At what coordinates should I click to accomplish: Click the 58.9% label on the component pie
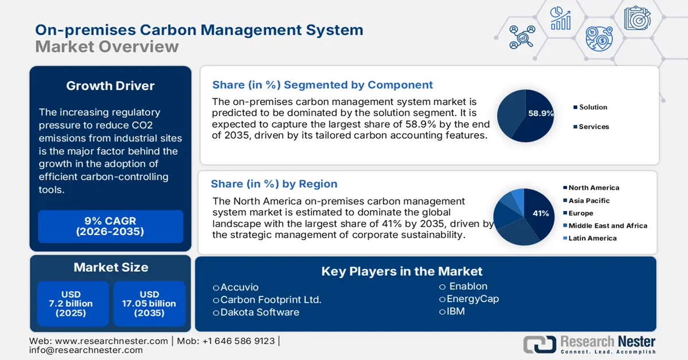click(541, 114)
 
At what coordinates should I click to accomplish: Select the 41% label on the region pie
click(541, 213)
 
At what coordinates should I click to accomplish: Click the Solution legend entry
click(593, 107)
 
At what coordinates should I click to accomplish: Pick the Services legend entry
click(593, 127)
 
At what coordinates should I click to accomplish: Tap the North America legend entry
click(593, 187)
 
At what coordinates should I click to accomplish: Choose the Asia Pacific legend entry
click(589, 201)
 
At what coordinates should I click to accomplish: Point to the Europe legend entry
click(581, 213)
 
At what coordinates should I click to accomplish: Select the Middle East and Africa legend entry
click(607, 226)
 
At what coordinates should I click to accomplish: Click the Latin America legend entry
click(592, 238)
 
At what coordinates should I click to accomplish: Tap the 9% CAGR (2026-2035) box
click(111, 226)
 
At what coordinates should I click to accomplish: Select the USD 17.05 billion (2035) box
click(149, 304)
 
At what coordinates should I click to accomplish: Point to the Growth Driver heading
click(111, 86)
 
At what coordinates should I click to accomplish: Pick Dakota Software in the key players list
click(259, 312)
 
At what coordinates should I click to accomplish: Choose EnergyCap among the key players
click(472, 299)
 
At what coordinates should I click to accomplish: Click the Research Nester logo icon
click(539, 344)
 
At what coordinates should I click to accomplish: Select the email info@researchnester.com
click(86, 350)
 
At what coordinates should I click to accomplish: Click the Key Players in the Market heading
click(402, 271)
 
